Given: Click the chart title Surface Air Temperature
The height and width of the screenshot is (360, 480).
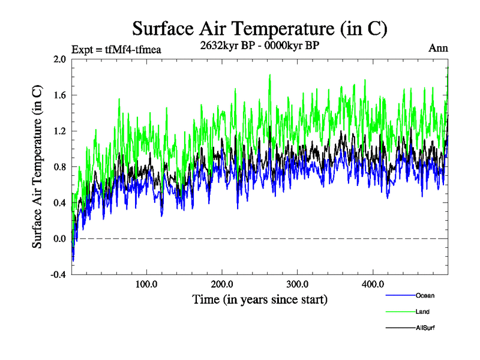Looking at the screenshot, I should [260, 29].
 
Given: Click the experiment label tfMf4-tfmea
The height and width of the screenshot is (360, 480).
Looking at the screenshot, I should [116, 50].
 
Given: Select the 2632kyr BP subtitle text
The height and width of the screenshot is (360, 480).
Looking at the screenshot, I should [259, 45].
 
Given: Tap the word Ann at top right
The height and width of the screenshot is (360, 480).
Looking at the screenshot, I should [438, 49].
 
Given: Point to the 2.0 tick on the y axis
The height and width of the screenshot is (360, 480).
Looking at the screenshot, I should [59, 59].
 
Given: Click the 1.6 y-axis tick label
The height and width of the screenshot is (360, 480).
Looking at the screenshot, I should [59, 95].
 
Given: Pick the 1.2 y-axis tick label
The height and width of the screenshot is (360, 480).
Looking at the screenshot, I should [59, 131].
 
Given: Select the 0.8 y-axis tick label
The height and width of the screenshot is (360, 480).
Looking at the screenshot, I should [59, 167].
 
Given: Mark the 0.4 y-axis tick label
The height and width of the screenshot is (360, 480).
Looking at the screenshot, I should [59, 203].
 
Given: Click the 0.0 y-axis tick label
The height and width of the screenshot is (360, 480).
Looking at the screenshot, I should [59, 239].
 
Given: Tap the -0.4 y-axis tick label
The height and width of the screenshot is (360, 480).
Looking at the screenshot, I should [58, 275].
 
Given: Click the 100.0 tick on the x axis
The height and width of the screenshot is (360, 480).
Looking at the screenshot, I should [147, 284].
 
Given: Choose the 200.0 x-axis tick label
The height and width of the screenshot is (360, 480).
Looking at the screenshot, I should [222, 284].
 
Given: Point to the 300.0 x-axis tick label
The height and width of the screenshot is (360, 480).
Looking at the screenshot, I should [298, 284].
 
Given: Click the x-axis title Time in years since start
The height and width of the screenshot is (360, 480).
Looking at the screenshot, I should [260, 299].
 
